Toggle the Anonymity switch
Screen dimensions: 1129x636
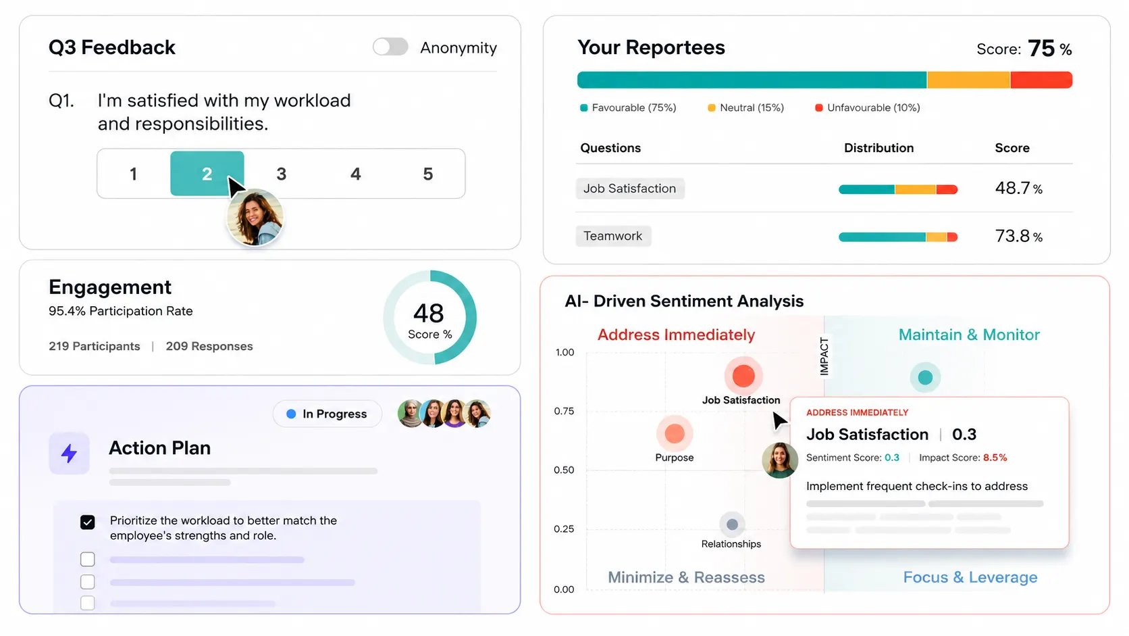[x=390, y=47]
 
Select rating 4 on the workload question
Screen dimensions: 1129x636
[x=355, y=174]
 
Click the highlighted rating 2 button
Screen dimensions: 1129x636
[x=207, y=174]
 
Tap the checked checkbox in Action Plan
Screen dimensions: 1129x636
[x=87, y=522]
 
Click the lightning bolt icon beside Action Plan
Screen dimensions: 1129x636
[x=69, y=454]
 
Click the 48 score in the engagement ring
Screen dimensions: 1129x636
[x=428, y=313]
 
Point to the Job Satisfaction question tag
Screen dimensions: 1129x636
[x=629, y=188]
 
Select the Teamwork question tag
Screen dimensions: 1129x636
[x=613, y=235]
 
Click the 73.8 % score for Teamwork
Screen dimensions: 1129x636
[x=1018, y=236]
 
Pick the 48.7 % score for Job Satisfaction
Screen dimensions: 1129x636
[x=1018, y=188]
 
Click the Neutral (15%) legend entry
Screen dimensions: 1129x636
[x=746, y=107]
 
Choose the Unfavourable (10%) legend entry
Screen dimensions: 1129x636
[x=868, y=107]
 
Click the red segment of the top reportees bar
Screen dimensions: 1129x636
[x=1041, y=80]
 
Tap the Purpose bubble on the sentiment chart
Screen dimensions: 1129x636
[x=675, y=433]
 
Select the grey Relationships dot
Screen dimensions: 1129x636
[x=732, y=524]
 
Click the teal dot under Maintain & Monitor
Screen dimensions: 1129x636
[x=925, y=377]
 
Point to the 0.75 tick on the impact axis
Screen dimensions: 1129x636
[x=564, y=411]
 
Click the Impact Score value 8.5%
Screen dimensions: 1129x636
[x=995, y=458]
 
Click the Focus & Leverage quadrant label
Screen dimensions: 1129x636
[x=970, y=577]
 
